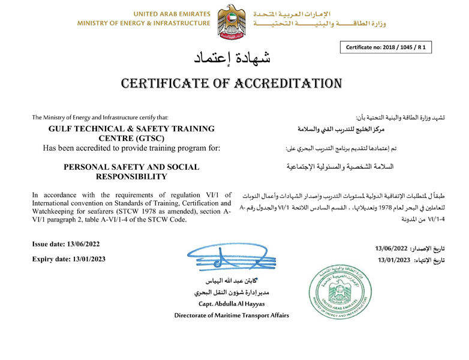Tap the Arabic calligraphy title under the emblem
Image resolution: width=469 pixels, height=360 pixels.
pos(235,58)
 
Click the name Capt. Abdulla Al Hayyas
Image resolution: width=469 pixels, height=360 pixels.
pos(232,304)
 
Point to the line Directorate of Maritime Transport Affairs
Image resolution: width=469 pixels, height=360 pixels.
pos(232,316)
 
